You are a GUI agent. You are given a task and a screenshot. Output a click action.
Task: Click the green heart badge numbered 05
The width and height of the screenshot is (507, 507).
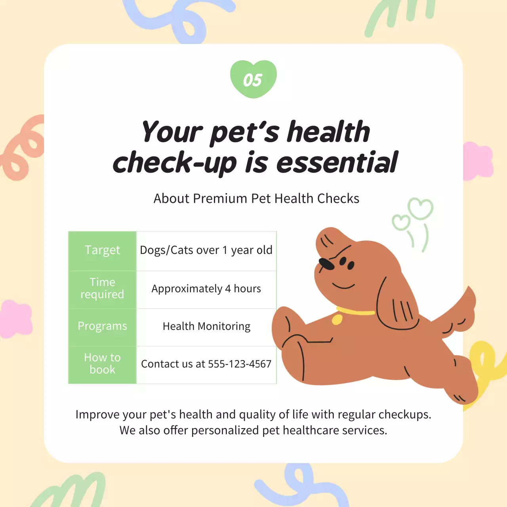(x=253, y=79)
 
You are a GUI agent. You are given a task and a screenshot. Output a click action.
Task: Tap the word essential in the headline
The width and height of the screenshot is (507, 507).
(x=337, y=163)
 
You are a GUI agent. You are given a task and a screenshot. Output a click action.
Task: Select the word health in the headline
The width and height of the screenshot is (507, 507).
(x=328, y=132)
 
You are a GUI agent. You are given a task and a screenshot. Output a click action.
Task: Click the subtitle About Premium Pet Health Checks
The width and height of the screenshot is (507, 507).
(x=256, y=198)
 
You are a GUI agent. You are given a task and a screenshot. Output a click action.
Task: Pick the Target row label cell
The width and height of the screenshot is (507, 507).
(x=102, y=250)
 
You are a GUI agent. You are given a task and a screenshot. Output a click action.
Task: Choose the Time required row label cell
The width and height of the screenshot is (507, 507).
(x=102, y=288)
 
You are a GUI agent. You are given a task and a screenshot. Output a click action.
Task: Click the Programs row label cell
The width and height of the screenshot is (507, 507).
(x=102, y=326)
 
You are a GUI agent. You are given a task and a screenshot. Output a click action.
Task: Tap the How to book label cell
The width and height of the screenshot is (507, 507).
(x=102, y=364)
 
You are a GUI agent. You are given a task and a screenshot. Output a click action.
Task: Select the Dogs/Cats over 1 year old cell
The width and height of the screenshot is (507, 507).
(x=206, y=250)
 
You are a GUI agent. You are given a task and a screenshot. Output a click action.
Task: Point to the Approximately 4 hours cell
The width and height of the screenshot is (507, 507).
(x=206, y=289)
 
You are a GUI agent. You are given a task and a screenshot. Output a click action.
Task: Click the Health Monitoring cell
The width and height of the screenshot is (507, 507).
(x=206, y=326)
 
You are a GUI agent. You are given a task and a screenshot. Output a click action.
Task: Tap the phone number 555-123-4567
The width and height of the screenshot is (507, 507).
(x=240, y=364)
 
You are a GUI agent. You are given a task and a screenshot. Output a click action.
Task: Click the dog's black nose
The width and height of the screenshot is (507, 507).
(x=327, y=263)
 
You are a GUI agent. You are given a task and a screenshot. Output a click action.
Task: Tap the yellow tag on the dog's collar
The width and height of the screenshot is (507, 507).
(x=337, y=319)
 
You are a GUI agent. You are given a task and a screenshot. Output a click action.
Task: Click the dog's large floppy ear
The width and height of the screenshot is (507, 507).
(x=396, y=303)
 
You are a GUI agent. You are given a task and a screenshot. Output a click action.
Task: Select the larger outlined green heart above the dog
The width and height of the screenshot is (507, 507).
(x=421, y=208)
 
